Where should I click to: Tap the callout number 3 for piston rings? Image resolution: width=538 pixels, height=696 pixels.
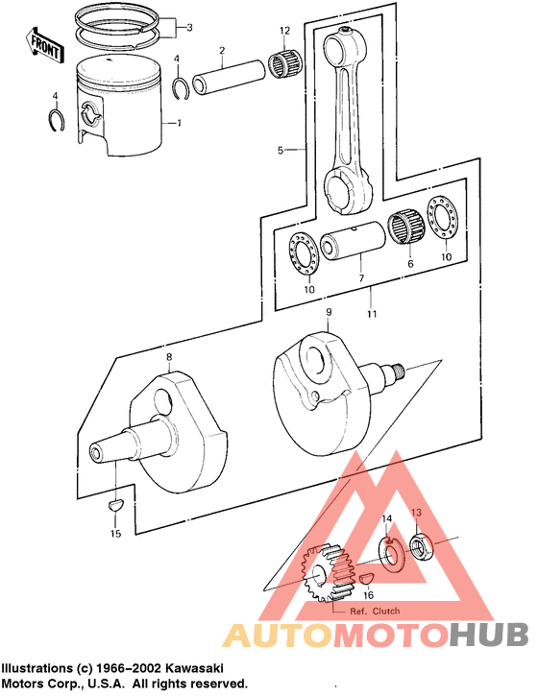[189, 28]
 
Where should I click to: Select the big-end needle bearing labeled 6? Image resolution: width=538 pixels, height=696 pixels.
[408, 230]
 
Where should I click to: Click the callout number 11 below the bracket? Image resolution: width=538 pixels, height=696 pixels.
[370, 314]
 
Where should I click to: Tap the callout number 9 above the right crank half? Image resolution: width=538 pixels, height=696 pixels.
[328, 313]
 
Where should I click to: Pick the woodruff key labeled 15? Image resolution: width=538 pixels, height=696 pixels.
[114, 504]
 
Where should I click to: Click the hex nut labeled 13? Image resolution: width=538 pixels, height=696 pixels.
[420, 548]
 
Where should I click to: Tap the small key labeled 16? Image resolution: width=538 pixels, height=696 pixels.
[367, 576]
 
